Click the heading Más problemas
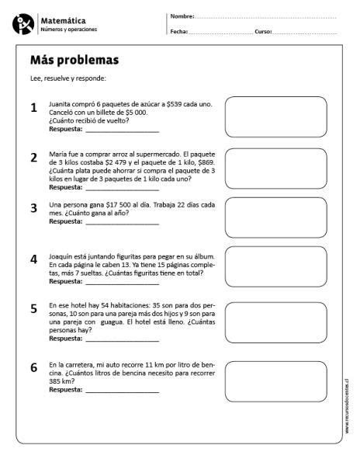coord(74,61)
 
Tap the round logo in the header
coord(22,24)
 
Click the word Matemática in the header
coord(64,21)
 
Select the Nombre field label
coord(182,16)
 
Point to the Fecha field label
coord(178,32)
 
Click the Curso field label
coord(263,32)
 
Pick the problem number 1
coord(33,108)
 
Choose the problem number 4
coord(33,259)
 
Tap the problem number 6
coord(33,367)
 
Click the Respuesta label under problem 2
coord(65,187)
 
